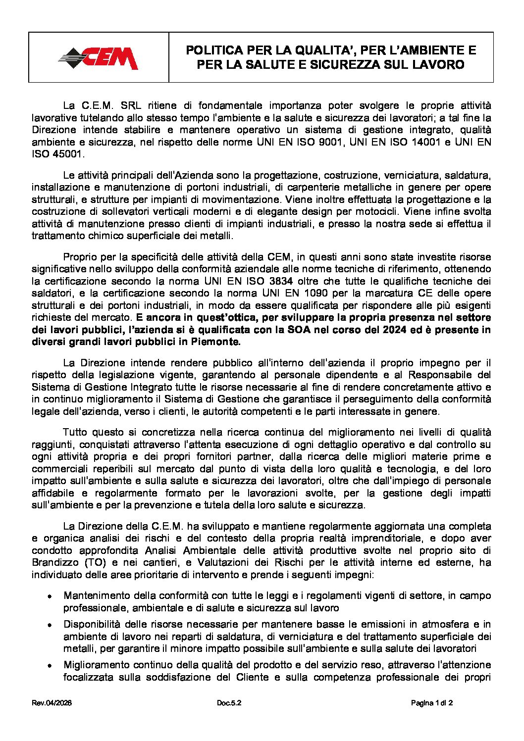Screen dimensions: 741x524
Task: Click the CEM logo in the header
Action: (99, 58)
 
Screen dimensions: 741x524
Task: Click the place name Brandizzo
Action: (56, 562)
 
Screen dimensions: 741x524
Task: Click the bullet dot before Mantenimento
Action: (50, 596)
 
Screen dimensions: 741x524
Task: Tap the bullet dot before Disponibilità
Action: (50, 625)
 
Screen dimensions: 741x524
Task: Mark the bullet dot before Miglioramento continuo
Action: (50, 666)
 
